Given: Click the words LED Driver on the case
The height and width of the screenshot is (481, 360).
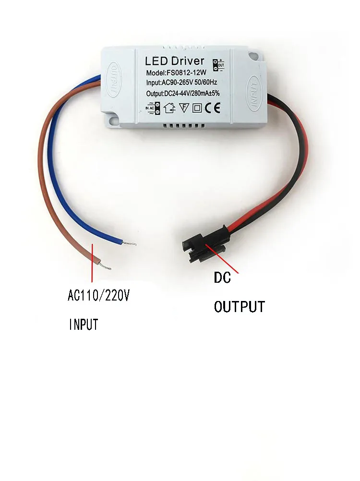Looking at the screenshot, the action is pos(175,61).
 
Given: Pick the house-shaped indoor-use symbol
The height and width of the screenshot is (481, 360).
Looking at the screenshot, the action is pos(169,108).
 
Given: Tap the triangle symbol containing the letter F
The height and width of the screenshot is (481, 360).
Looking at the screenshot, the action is pos(183,108).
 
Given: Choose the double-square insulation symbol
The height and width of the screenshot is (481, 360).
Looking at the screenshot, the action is pos(197,108).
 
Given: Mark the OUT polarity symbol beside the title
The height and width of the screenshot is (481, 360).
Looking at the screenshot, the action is pos(221,63).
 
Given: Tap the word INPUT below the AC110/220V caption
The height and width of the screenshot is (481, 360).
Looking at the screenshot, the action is pos(84,325).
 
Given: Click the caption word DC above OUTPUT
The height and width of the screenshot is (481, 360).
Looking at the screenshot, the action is pos(222,277).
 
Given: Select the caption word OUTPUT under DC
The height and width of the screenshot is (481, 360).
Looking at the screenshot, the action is pos(239,306).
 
